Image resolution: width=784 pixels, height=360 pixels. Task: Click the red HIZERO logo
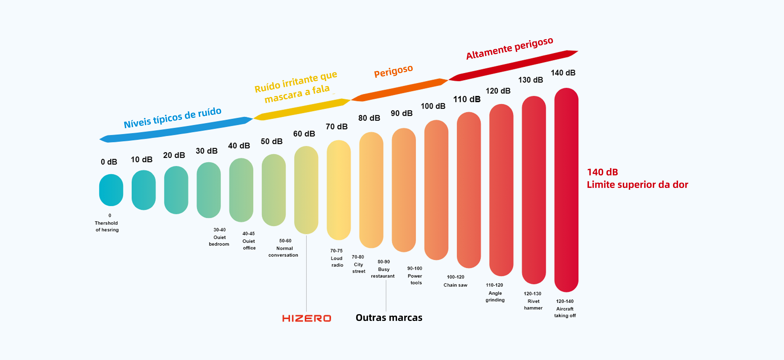306,318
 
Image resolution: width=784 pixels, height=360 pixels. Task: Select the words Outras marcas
389,318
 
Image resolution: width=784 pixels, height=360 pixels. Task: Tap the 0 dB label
109,162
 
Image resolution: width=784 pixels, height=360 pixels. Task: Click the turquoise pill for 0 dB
111,190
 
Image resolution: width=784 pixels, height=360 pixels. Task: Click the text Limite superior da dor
637,185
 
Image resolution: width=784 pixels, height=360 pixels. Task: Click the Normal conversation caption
283,252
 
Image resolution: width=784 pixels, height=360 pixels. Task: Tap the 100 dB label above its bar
433,106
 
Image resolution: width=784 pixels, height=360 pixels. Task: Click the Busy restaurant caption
383,273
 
